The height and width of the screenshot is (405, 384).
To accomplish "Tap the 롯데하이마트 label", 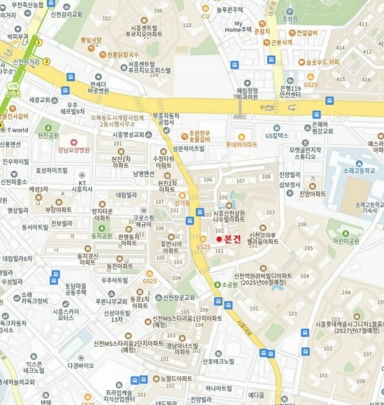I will tap(242, 144).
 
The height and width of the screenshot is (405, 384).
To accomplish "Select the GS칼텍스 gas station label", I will tap(277, 136).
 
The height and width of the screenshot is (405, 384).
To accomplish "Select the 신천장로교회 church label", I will tap(179, 298).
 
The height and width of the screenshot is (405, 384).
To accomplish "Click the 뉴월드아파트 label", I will tap(177, 379).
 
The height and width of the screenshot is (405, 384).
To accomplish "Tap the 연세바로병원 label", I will tap(98, 87).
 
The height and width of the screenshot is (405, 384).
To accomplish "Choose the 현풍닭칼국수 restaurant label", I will tap(123, 54).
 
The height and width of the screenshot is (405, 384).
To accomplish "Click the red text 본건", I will tap(232, 240).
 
